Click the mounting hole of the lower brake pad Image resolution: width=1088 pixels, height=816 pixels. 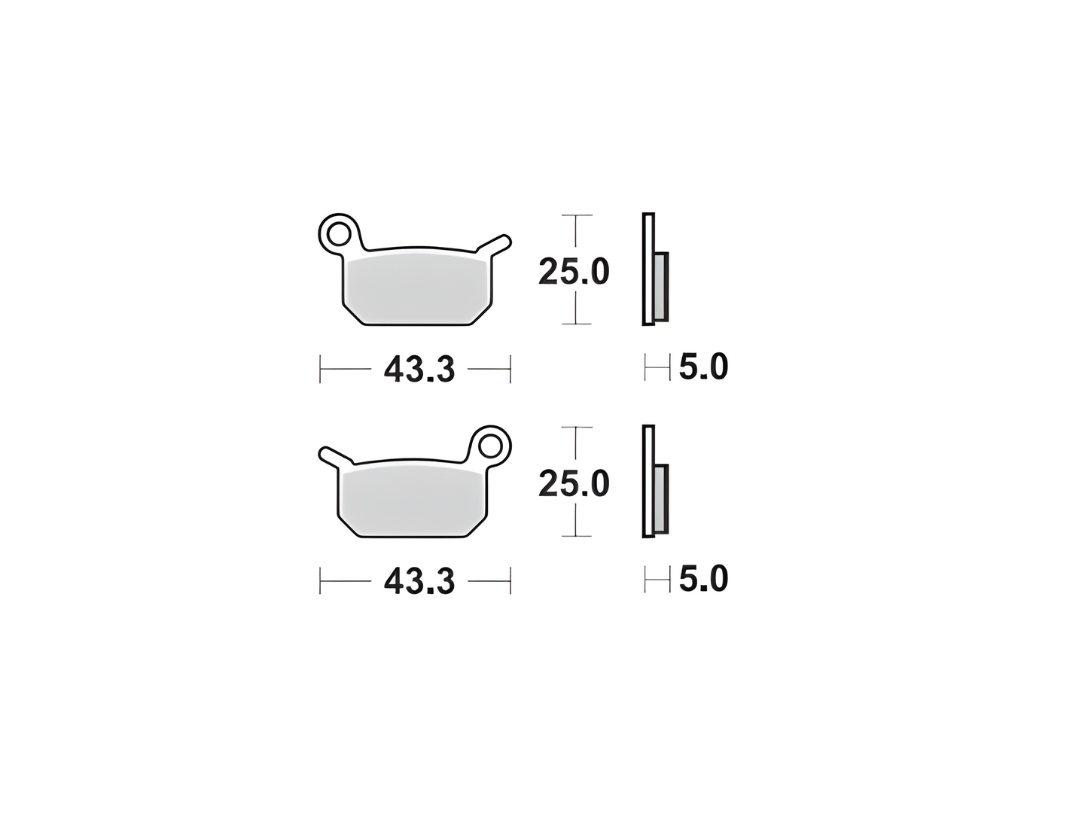pos(492,445)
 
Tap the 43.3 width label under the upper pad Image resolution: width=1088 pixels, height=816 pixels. pos(419,369)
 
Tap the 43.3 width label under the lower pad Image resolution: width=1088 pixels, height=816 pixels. pos(419,581)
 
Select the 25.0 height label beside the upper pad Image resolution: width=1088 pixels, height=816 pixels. pos(574,272)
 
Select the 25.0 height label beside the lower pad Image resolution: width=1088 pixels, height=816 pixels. pos(574,484)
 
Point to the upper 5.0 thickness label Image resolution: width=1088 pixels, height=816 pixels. pos(703,367)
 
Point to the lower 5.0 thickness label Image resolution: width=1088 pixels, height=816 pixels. pos(703,580)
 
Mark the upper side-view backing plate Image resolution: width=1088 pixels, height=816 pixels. pos(648,269)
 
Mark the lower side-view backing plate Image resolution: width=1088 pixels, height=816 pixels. pos(648,482)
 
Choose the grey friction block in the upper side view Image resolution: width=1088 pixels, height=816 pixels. pos(660,286)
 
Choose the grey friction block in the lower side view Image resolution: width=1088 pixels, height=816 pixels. pos(660,498)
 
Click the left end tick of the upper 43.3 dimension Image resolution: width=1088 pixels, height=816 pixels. pos(321,369)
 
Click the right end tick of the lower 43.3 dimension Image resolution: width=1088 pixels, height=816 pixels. pos(510,581)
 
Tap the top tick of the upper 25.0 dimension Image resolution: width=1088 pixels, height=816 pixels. pos(577,215)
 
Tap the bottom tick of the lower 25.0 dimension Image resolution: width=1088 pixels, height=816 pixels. pos(577,537)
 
